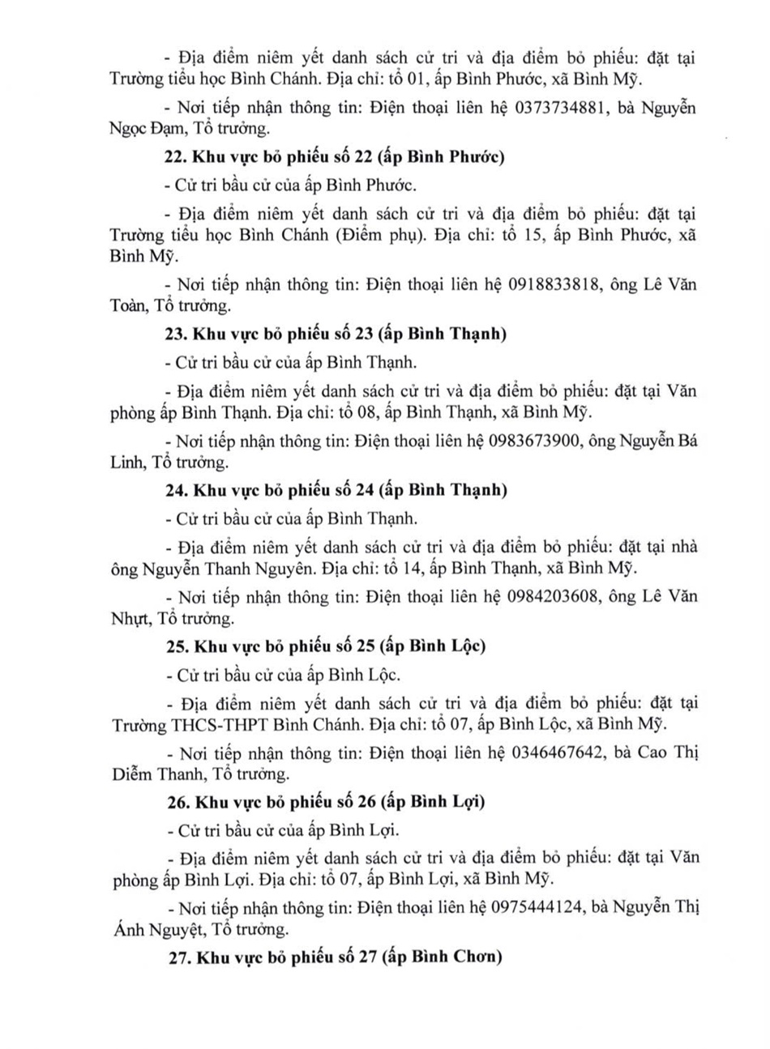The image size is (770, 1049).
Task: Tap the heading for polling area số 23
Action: tap(336, 334)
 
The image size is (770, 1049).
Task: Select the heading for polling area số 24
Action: tap(336, 490)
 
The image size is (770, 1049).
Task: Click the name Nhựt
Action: tap(129, 618)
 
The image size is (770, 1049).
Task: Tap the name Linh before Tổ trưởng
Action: tap(127, 463)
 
